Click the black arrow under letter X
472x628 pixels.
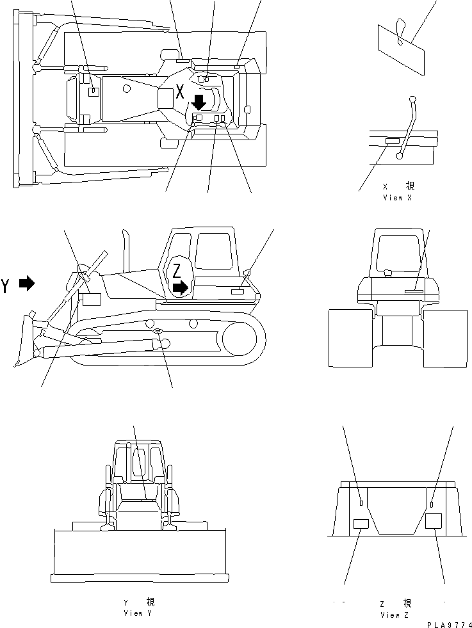[199, 101]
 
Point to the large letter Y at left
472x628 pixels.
[6, 286]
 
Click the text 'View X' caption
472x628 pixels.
[397, 198]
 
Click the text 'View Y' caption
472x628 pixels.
[138, 613]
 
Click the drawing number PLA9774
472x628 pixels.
[448, 624]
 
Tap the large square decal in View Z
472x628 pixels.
[434, 520]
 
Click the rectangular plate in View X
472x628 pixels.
[391, 141]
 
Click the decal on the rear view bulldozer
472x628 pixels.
[414, 291]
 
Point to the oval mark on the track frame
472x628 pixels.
[158, 331]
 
